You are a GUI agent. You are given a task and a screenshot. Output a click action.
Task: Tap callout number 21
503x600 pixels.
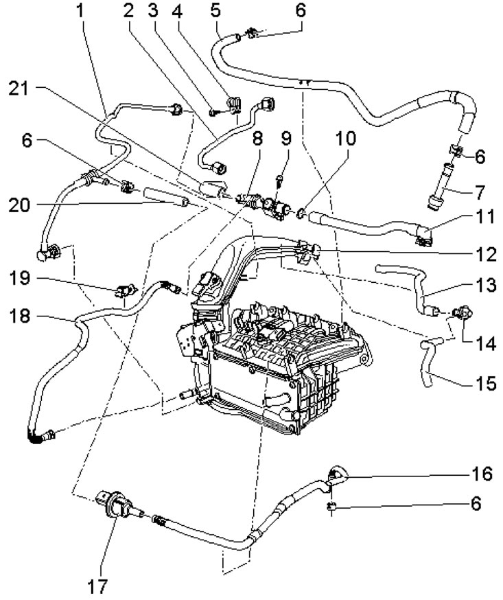[x=20, y=88]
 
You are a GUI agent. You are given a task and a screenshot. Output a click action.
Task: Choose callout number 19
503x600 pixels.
[x=20, y=278]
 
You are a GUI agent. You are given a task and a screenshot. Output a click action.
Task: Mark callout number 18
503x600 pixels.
[x=20, y=317]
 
